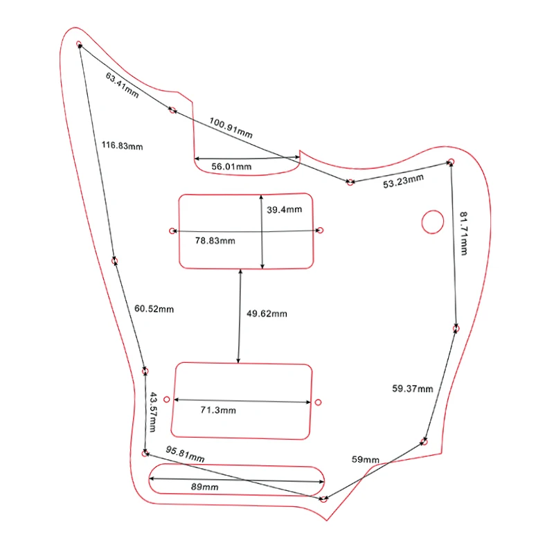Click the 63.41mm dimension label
[x=123, y=84]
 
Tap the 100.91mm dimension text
[x=231, y=127]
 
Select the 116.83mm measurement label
[x=123, y=145]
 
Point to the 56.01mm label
[x=231, y=167]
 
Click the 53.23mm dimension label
[x=403, y=181]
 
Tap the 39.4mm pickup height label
[x=284, y=209]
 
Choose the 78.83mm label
[x=215, y=241]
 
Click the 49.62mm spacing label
[x=267, y=314]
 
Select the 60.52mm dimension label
[x=154, y=309]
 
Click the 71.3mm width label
[x=218, y=411]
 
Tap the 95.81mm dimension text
[x=185, y=454]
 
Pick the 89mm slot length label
[x=205, y=488]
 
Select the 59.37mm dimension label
[x=412, y=389]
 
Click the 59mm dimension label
[x=366, y=460]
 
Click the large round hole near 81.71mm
[x=433, y=221]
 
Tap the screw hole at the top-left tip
[x=79, y=46]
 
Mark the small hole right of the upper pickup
[x=321, y=231]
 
